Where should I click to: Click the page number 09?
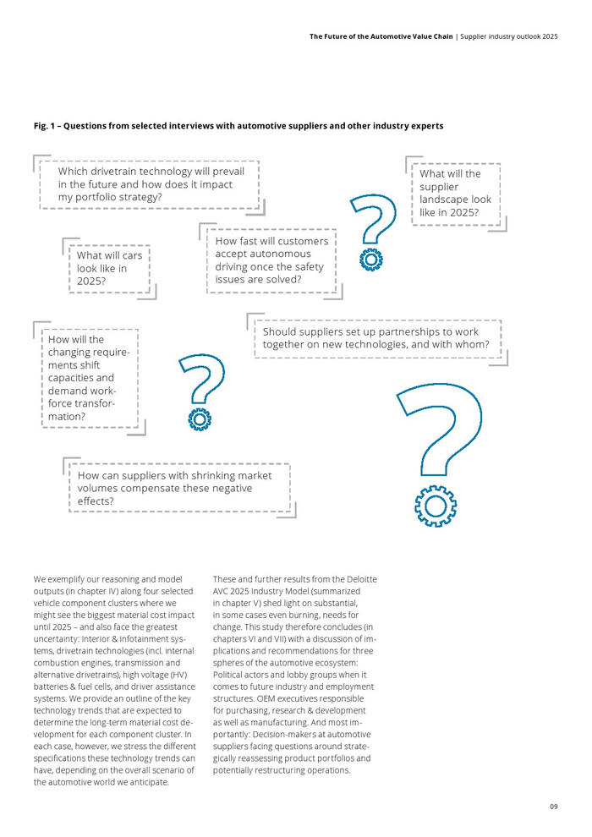click(553, 807)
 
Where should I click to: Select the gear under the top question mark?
click(370, 260)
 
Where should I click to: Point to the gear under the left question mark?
click(200, 418)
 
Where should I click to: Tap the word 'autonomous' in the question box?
click(282, 254)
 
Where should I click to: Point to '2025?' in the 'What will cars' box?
click(91, 282)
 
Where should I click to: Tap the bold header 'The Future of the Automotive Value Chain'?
click(381, 37)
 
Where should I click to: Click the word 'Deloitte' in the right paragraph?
click(359, 579)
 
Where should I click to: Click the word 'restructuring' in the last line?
click(269, 770)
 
